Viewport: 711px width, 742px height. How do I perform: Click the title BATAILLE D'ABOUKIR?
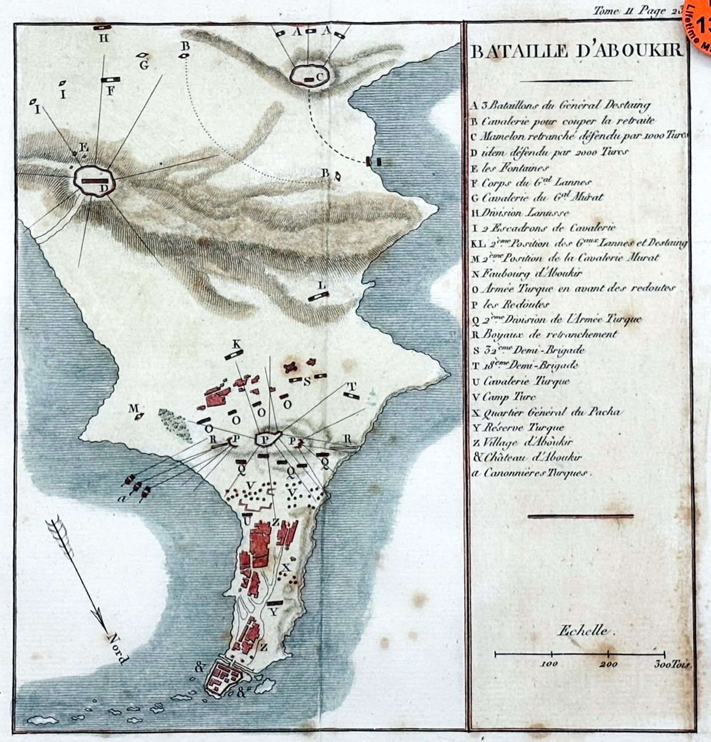pyautogui.click(x=576, y=51)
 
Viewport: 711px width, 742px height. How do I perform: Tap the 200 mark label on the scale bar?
pyautogui.click(x=608, y=664)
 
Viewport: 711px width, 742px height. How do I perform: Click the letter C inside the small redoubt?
pyautogui.click(x=319, y=76)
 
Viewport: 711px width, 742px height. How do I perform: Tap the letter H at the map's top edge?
pyautogui.click(x=103, y=39)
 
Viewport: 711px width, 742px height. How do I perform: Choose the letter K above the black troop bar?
pyautogui.click(x=236, y=344)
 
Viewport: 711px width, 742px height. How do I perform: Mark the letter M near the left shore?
pyautogui.click(x=132, y=408)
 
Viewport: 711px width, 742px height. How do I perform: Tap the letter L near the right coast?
pyautogui.click(x=322, y=286)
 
